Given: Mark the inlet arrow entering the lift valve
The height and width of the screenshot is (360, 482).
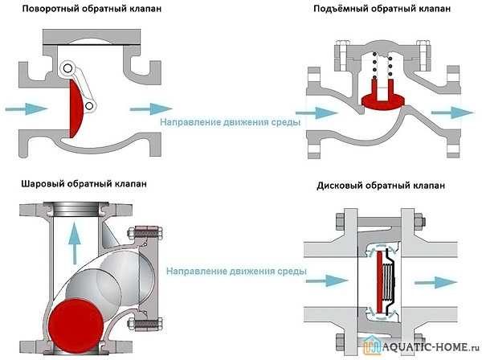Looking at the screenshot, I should (x=322, y=112).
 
